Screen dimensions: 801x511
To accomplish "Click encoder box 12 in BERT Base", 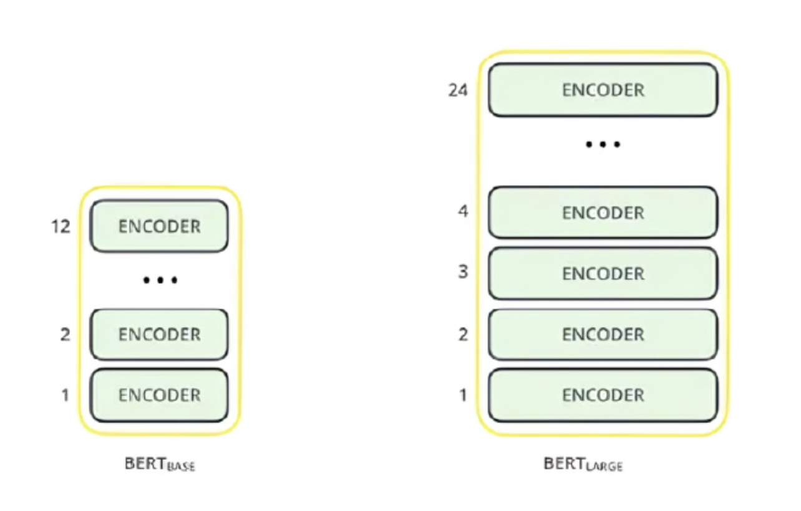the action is [x=159, y=226].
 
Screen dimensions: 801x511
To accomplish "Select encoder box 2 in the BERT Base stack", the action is [x=159, y=334].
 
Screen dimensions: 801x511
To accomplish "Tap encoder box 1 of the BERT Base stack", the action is [x=159, y=395].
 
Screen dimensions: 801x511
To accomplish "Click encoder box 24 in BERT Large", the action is [x=603, y=90].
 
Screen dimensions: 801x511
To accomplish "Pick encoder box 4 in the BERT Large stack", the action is [x=603, y=213].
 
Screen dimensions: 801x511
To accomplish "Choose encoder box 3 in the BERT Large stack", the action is [x=603, y=274].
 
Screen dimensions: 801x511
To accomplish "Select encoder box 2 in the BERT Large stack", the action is [x=603, y=334].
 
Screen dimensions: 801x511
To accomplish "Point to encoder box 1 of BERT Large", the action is [x=603, y=395].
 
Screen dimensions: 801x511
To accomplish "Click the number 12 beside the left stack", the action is [x=61, y=226].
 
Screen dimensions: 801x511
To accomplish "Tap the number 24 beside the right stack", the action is [x=458, y=90].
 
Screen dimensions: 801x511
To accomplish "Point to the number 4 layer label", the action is [x=463, y=211].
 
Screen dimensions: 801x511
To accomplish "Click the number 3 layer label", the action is [x=463, y=272].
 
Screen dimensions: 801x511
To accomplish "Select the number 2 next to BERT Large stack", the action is [x=463, y=335].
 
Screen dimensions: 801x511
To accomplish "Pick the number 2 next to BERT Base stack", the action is [x=65, y=335].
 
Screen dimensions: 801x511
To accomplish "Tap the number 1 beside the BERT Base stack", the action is [x=65, y=395].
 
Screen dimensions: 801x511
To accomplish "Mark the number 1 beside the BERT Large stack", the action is [x=463, y=395].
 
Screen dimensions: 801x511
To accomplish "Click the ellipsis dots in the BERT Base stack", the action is [x=160, y=280].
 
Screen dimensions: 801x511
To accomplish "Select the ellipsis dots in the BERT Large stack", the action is [x=603, y=145].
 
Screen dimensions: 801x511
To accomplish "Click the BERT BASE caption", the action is [x=160, y=464].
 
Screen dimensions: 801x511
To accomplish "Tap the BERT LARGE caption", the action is [x=583, y=464].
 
